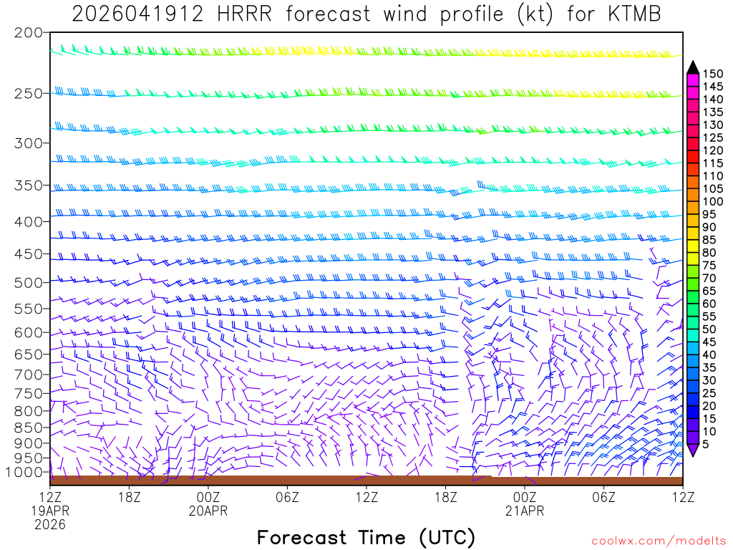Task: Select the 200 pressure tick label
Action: [x=28, y=33]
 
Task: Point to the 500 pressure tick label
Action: [x=28, y=281]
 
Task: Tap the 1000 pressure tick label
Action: [x=24, y=472]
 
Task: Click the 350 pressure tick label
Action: [x=28, y=185]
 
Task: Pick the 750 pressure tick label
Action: [x=28, y=393]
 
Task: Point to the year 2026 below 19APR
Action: [x=49, y=524]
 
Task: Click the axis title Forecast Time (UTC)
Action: [x=366, y=537]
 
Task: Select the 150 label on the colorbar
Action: [x=712, y=74]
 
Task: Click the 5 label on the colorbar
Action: [x=707, y=444]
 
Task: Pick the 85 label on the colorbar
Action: [x=709, y=241]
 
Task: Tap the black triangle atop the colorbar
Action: [x=692, y=67]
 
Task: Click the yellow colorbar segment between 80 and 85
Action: [x=692, y=247]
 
